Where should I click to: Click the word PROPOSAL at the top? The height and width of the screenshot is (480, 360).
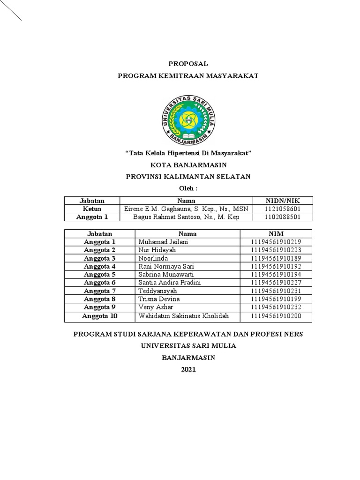coord(187,64)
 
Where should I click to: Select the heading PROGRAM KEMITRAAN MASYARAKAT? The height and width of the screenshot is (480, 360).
coord(188,75)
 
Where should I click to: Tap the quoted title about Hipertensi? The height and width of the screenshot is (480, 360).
coord(188,153)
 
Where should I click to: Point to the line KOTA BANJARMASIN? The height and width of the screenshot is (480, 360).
coord(188,165)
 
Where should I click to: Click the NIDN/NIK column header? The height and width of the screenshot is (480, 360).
coord(283,201)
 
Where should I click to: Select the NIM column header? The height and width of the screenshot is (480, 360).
coord(276,233)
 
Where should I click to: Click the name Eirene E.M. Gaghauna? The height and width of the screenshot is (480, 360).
coord(186,209)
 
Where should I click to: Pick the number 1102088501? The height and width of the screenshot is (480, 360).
coord(283,217)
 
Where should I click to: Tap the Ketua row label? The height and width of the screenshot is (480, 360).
coord(92,209)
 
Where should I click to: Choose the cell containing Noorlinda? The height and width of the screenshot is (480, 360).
coord(153,258)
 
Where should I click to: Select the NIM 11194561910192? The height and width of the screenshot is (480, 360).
coord(276,266)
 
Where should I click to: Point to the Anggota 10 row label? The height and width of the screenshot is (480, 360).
coord(99,316)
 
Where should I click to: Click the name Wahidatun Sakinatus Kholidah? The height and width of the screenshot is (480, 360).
coord(184,316)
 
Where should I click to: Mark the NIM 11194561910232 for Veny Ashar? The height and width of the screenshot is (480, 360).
coord(276,307)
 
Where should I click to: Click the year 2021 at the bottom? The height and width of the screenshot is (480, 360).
coord(188,369)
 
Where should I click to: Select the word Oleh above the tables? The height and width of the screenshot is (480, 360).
coord(188,188)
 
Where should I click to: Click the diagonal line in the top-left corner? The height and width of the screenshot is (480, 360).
coord(10,10)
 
